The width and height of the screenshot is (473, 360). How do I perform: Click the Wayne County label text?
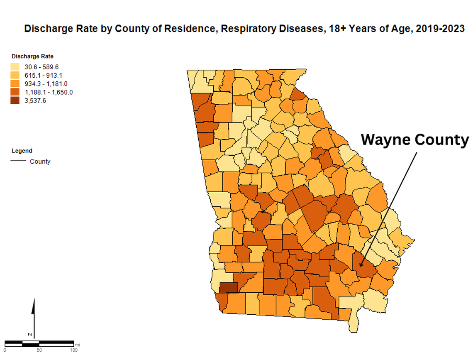click(x=414, y=140)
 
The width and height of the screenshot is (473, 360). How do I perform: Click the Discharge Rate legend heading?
click(x=32, y=56)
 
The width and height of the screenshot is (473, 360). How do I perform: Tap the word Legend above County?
click(x=22, y=151)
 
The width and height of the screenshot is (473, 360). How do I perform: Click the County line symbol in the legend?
click(x=19, y=161)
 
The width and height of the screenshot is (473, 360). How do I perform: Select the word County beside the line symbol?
click(x=40, y=162)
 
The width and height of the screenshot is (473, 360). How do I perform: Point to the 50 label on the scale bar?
click(x=39, y=350)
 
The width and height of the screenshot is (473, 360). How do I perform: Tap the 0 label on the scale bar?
click(x=5, y=350)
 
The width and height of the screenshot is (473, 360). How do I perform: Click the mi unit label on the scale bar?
click(x=78, y=344)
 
